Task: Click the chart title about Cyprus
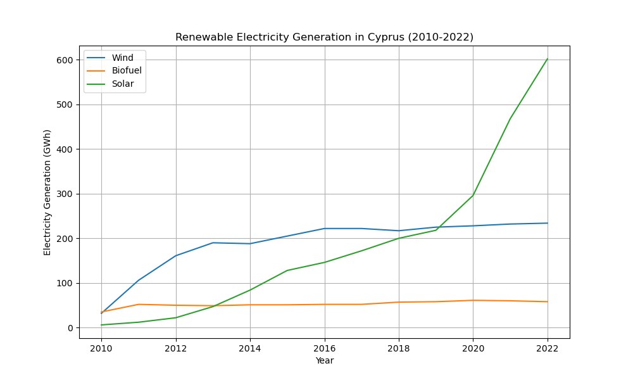tap(324, 37)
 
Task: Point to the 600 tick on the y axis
tap(66, 60)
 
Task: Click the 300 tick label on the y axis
tap(66, 194)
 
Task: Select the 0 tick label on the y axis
tap(70, 328)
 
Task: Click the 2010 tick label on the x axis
tap(101, 348)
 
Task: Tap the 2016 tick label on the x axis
tap(325, 348)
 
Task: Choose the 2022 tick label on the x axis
tap(548, 348)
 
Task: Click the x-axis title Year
tap(324, 361)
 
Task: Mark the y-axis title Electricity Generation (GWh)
tap(47, 194)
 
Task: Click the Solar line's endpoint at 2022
tap(548, 59)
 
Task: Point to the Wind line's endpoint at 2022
tap(548, 223)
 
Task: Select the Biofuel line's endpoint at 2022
tap(548, 301)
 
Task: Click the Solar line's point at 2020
tap(473, 195)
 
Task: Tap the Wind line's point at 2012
tap(176, 256)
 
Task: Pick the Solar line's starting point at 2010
tap(101, 325)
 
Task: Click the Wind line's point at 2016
tap(325, 229)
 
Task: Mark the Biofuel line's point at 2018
tap(399, 302)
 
